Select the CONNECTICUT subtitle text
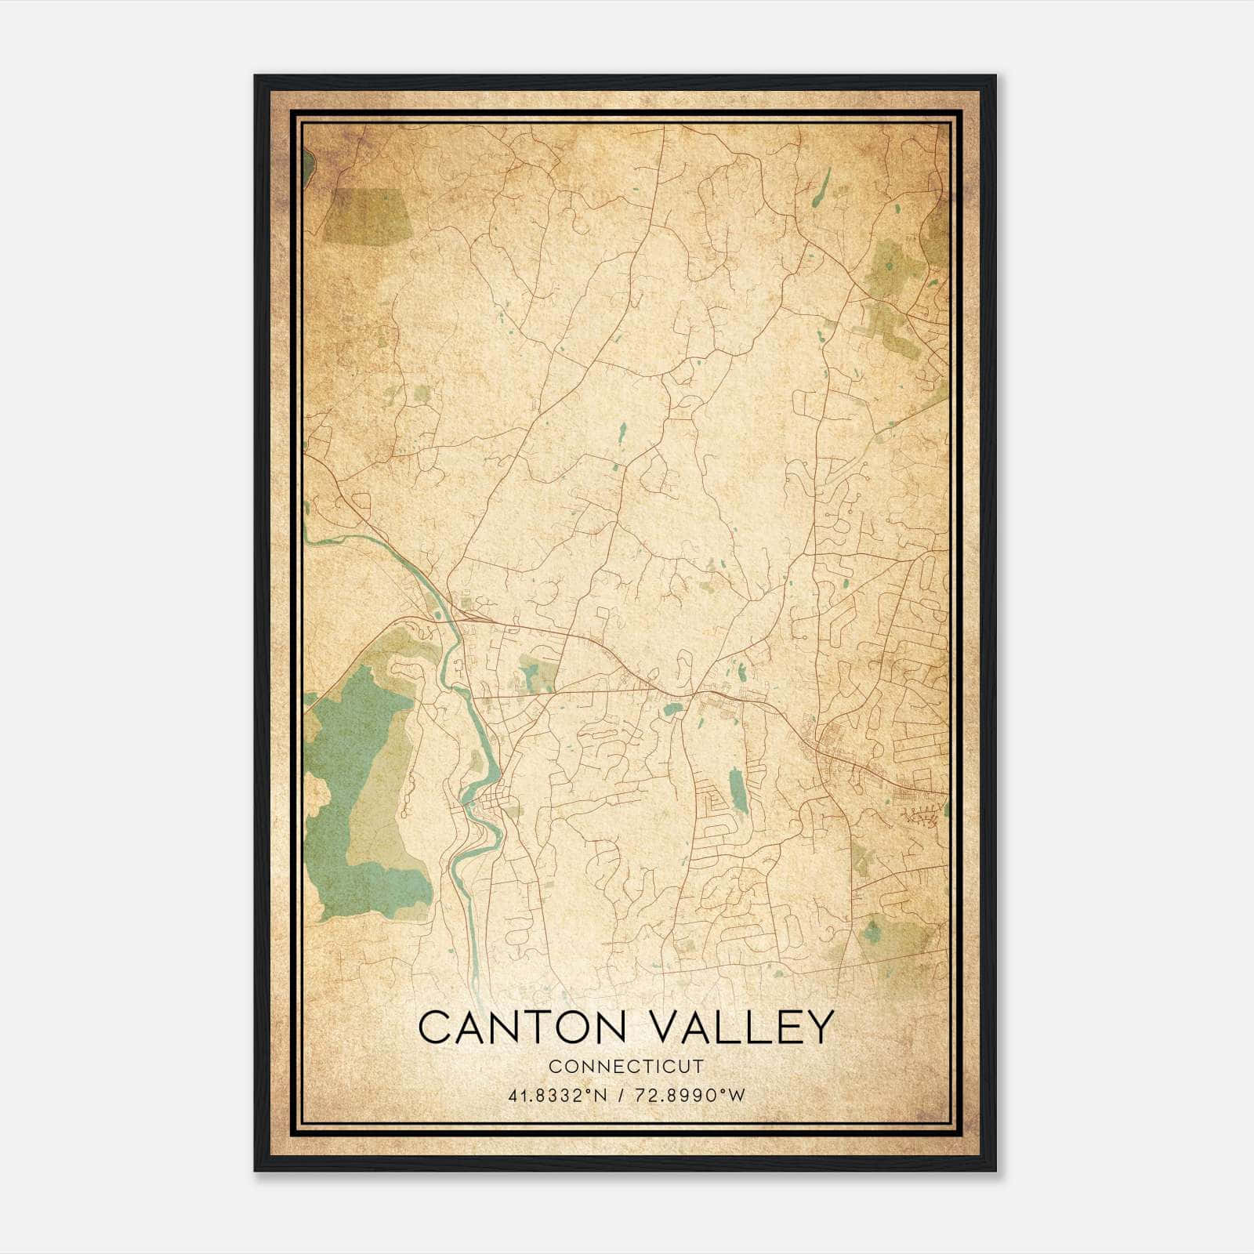(x=625, y=1067)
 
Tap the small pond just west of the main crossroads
(x=672, y=710)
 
